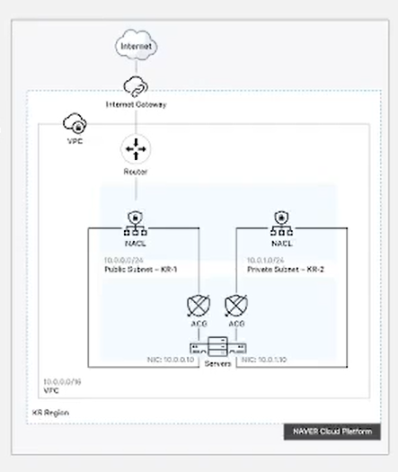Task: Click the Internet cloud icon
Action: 136,45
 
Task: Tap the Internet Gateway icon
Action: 136,87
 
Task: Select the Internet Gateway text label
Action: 136,104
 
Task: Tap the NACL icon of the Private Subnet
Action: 279,219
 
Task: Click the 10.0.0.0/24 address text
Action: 124,259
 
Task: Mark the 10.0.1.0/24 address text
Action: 267,259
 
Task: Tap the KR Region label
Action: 50,413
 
